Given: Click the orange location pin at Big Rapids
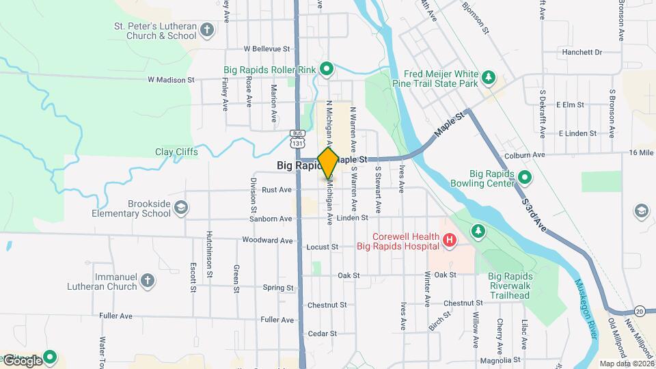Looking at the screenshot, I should [328, 162].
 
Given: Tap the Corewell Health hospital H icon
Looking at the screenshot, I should [449, 240].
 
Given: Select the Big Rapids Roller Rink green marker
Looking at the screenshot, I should [327, 68].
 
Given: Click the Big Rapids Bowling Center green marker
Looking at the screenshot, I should [525, 178].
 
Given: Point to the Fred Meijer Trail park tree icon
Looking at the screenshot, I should [488, 77].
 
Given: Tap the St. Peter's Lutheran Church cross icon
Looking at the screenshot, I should [207, 30].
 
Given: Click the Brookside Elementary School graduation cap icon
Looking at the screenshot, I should [181, 208].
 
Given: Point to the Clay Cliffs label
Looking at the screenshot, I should [176, 152].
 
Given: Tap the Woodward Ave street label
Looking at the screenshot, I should [267, 241].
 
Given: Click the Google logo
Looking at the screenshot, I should [23, 360].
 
